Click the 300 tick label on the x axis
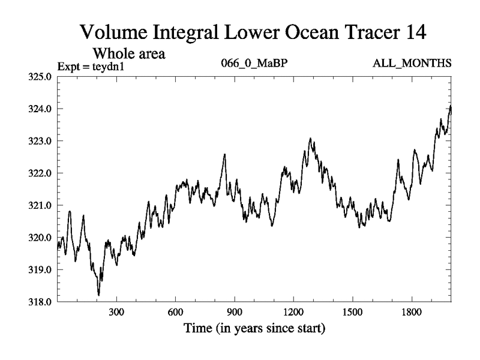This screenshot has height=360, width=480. (116, 313)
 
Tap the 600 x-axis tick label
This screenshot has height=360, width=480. (175, 313)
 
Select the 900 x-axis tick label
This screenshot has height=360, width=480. (235, 313)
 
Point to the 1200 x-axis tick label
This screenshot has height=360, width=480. (293, 313)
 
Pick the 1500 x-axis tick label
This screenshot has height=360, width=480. (353, 313)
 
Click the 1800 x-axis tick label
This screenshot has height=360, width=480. (412, 313)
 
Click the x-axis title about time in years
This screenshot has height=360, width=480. (254, 329)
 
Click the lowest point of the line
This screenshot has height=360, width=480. (98, 295)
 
